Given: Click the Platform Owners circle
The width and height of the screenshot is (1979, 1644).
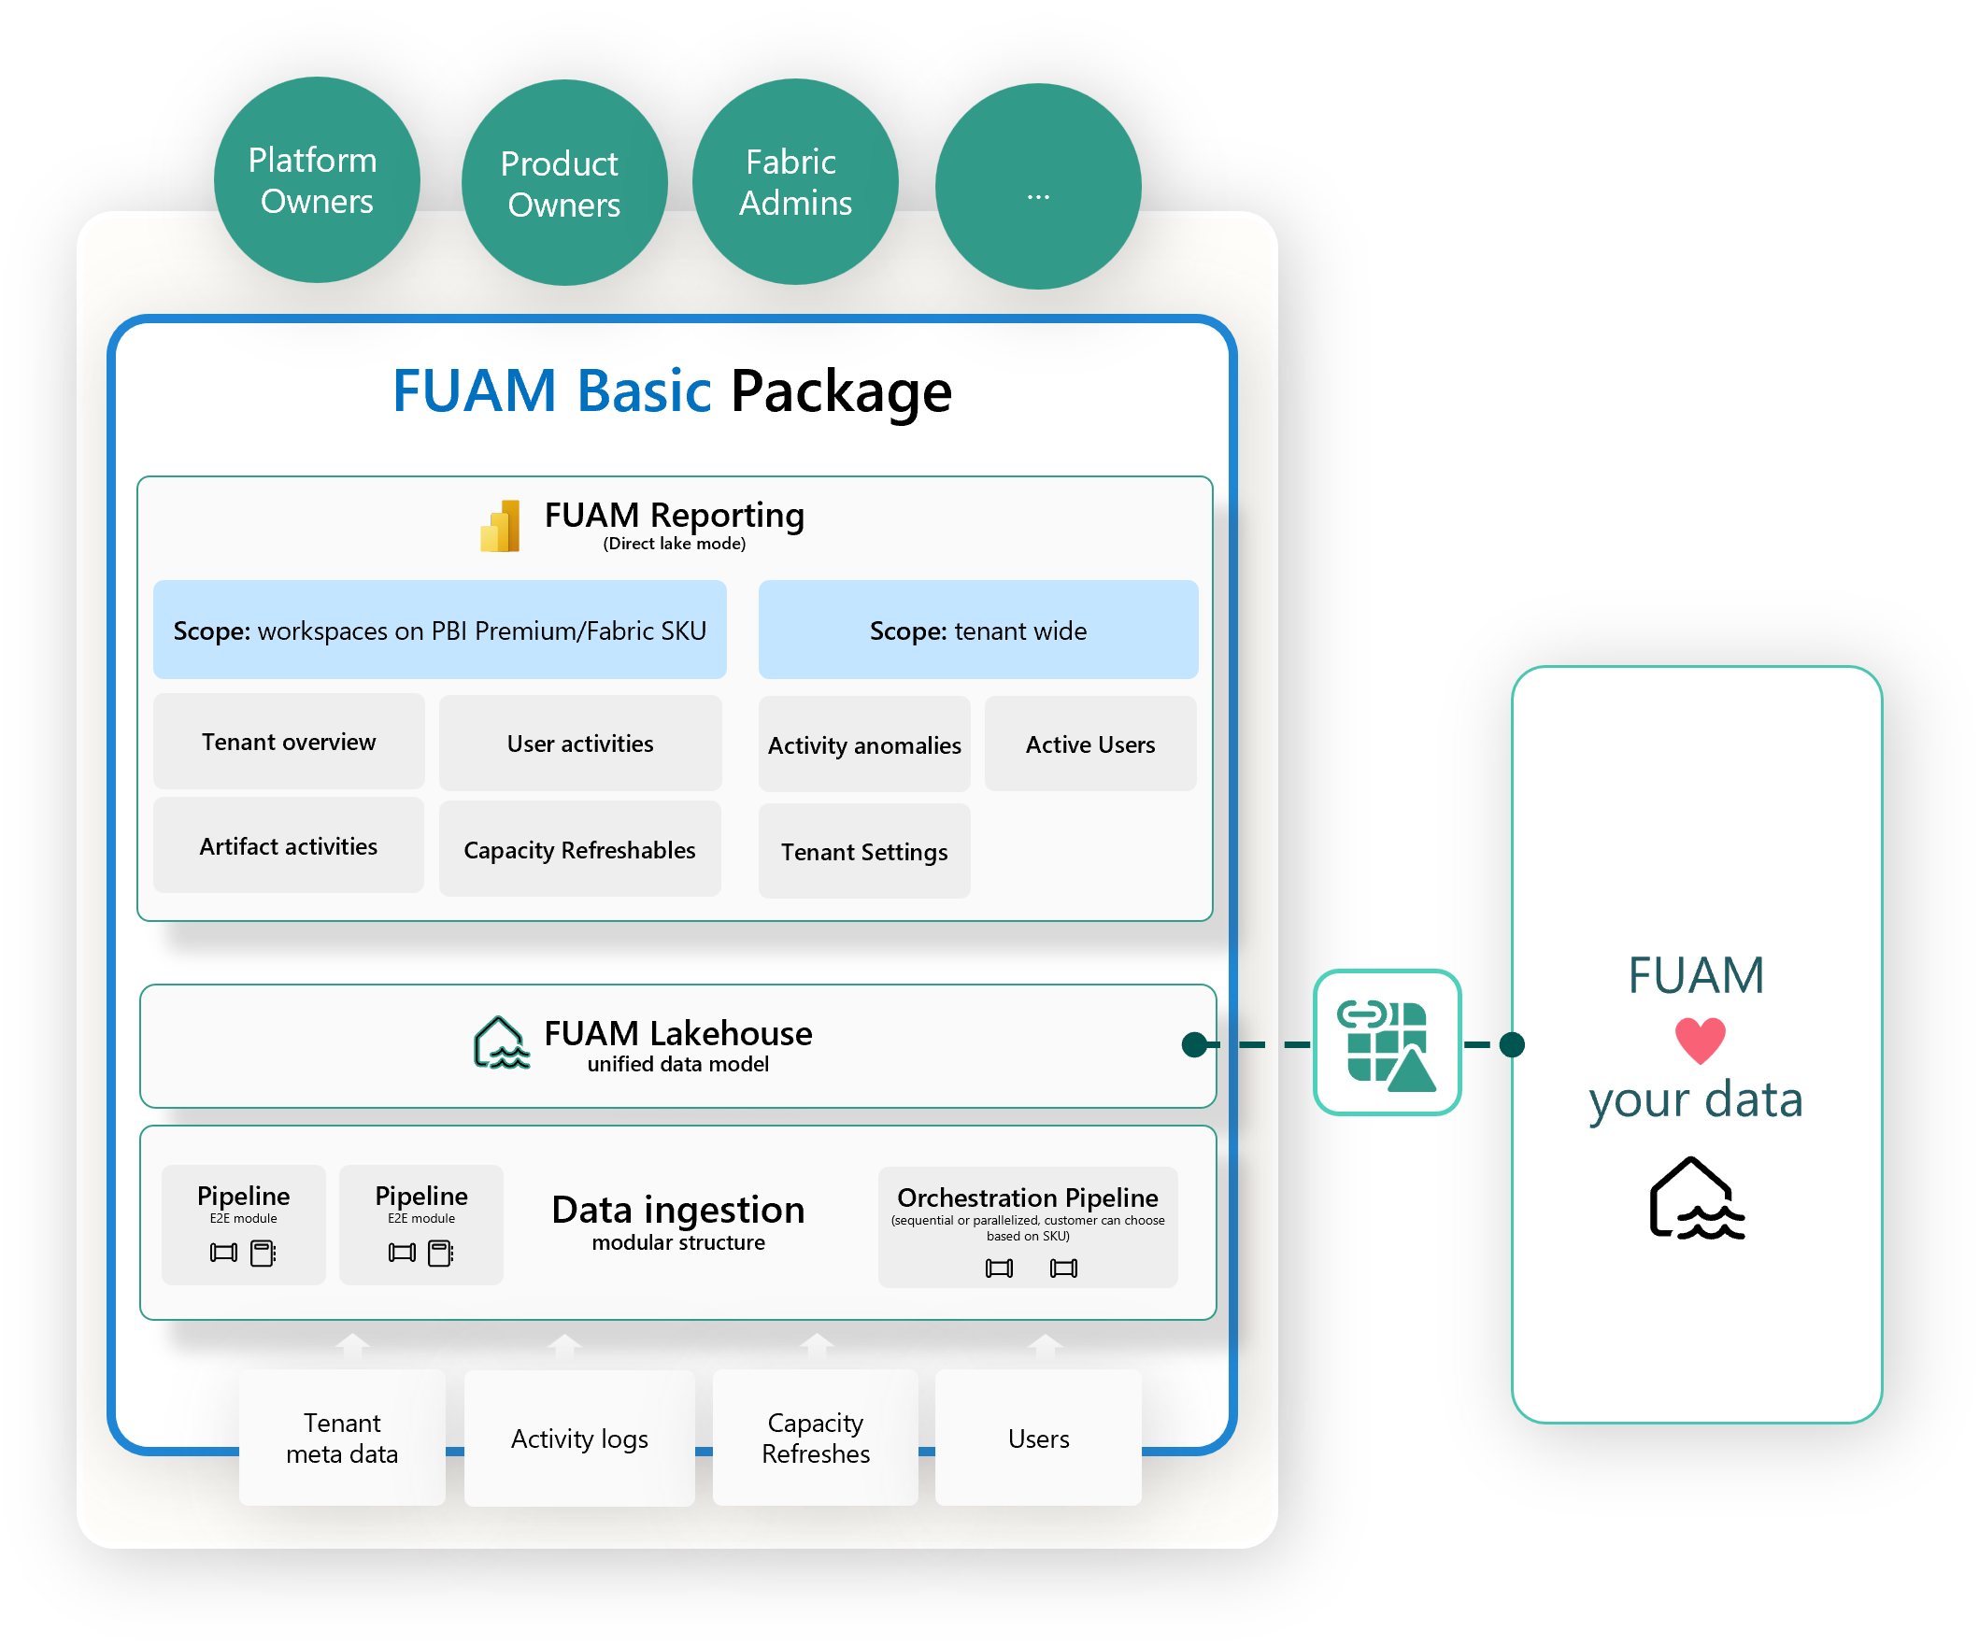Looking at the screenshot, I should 317,180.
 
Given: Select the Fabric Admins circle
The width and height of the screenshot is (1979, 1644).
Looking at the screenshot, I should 795,182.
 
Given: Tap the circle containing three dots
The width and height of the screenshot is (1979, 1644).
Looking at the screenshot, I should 1037,187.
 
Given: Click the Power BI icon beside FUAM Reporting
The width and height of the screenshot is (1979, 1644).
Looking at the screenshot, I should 501,527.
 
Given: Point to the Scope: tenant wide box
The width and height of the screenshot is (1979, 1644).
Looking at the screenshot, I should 977,631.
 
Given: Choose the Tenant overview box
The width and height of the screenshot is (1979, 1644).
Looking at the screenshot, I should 289,743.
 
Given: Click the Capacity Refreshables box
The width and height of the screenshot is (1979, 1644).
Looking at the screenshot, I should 579,850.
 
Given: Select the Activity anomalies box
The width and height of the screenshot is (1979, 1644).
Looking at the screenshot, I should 864,745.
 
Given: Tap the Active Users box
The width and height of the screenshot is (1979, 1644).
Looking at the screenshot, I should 1090,744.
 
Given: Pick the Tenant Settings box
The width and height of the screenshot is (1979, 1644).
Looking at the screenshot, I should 864,852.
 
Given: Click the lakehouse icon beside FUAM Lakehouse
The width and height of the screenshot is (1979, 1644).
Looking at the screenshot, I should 501,1044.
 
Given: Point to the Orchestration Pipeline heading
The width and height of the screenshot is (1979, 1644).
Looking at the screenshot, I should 1027,1198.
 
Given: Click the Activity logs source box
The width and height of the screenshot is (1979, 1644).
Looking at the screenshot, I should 578,1438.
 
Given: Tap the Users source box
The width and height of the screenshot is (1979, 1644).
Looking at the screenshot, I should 1037,1438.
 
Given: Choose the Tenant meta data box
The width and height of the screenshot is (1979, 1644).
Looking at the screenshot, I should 341,1438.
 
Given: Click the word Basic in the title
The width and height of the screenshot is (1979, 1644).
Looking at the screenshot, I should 644,391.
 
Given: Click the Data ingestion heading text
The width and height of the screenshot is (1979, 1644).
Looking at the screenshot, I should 677,1210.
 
